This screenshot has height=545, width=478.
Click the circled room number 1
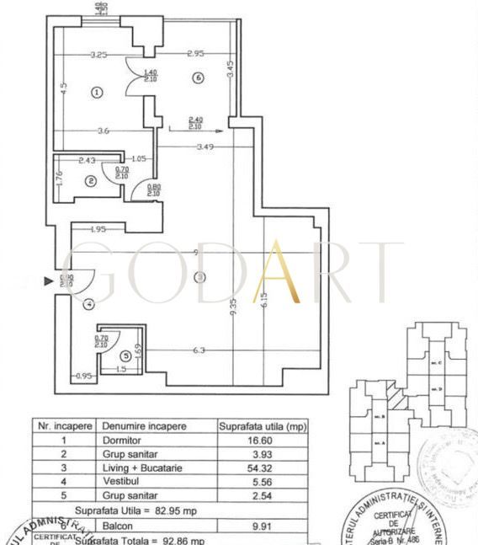(97, 92)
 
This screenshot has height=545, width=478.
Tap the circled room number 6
(198, 78)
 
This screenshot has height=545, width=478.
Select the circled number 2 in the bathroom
(90, 179)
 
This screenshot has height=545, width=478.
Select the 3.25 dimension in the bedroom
(98, 55)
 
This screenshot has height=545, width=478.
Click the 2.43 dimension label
(86, 160)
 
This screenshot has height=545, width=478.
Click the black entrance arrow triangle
(48, 281)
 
